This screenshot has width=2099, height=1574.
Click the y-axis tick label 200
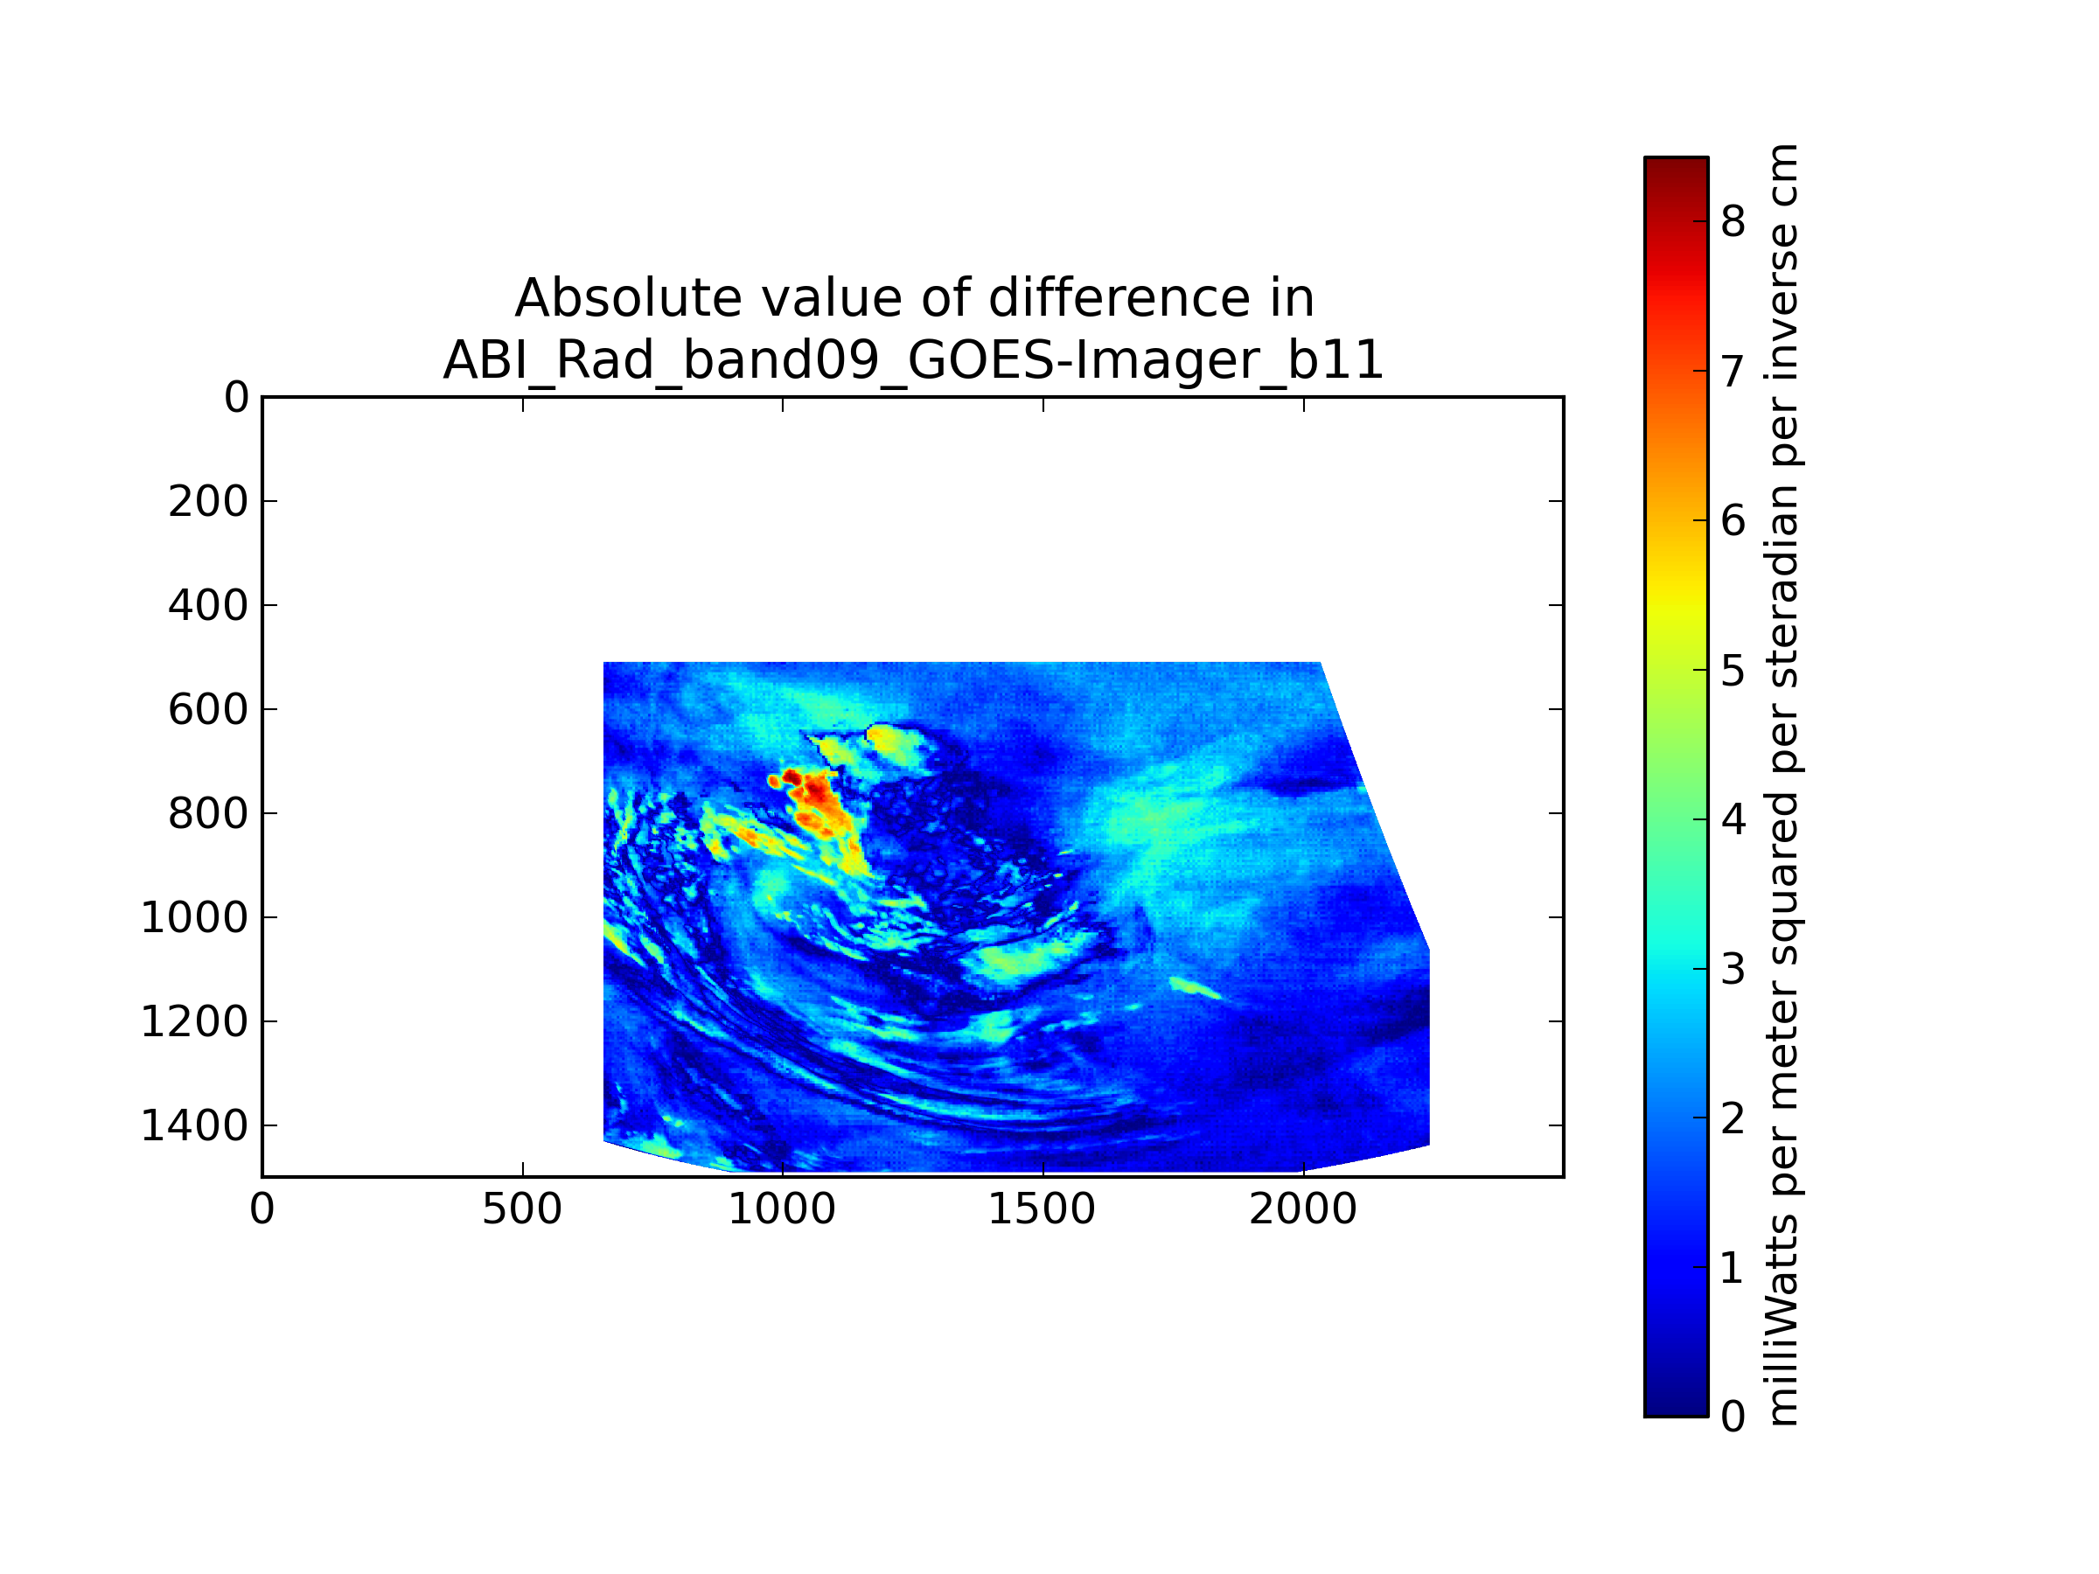(208, 502)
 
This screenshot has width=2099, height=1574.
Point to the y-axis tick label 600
(208, 710)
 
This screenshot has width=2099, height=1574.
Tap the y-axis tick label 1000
(193, 917)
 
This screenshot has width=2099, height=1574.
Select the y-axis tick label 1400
(193, 1126)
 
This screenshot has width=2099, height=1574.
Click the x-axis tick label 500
(522, 1209)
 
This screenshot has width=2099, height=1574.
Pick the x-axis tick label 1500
(1042, 1209)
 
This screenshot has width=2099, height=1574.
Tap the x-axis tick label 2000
(1303, 1209)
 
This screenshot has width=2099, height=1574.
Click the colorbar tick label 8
(1733, 222)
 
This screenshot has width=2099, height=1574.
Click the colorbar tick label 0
(1733, 1417)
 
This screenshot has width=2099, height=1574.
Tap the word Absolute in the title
(627, 298)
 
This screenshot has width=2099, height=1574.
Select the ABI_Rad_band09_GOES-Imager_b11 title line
(913, 360)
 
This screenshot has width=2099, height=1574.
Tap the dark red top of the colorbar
(1676, 171)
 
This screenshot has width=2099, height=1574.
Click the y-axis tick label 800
(208, 814)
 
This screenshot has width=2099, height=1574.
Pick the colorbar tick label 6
(1733, 521)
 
